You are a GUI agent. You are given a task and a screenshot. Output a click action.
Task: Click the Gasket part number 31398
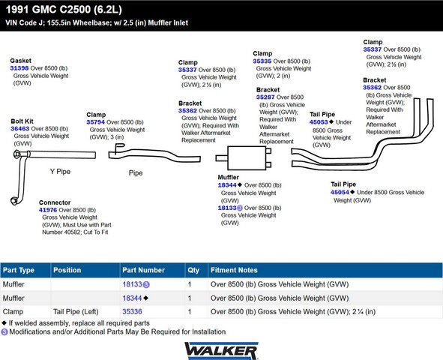pos(19,68)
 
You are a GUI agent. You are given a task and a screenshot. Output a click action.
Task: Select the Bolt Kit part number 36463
pos(19,128)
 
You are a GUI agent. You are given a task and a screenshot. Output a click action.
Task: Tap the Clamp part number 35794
pos(95,122)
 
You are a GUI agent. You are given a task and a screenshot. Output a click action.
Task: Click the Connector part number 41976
pos(48,210)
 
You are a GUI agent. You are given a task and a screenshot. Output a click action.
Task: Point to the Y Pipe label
pos(60,172)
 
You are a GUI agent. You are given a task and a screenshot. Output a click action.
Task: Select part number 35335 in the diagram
pos(262,61)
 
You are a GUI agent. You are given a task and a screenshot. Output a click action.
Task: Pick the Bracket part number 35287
pos(265,97)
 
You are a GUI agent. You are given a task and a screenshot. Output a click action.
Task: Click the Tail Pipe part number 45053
pos(319,122)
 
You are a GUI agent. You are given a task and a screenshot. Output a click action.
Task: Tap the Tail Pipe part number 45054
pos(340,192)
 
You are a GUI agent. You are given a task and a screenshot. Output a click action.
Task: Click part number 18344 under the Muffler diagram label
pos(227,185)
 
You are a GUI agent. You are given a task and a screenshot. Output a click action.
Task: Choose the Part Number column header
pos(143,270)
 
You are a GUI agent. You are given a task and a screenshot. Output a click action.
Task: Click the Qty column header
pos(193,270)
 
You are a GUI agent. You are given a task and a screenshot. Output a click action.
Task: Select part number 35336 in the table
pos(132,312)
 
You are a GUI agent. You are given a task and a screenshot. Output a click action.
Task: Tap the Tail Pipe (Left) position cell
pos(76,312)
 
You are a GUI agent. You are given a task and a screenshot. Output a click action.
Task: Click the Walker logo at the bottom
pos(221,351)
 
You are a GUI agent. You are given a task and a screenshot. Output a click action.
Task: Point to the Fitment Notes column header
pos(234,270)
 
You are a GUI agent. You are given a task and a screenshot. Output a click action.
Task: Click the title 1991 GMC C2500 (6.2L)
pos(64,10)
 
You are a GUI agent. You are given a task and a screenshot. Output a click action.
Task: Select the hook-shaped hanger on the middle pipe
pos(119,148)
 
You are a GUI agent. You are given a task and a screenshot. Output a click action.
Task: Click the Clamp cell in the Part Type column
pos(13,312)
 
